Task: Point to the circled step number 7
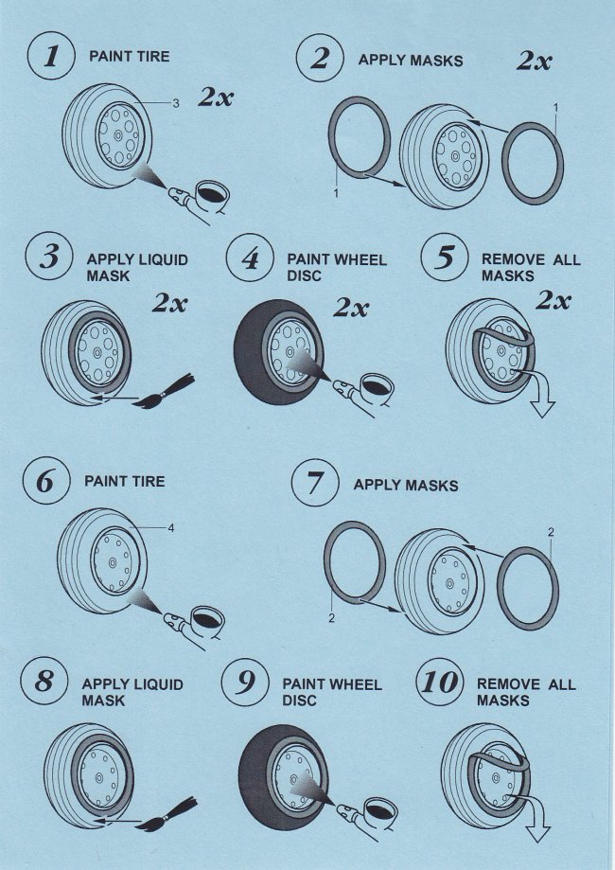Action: point(316,485)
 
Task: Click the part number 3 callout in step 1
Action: point(176,104)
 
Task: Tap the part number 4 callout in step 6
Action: point(170,527)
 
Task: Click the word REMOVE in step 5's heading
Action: point(511,259)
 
